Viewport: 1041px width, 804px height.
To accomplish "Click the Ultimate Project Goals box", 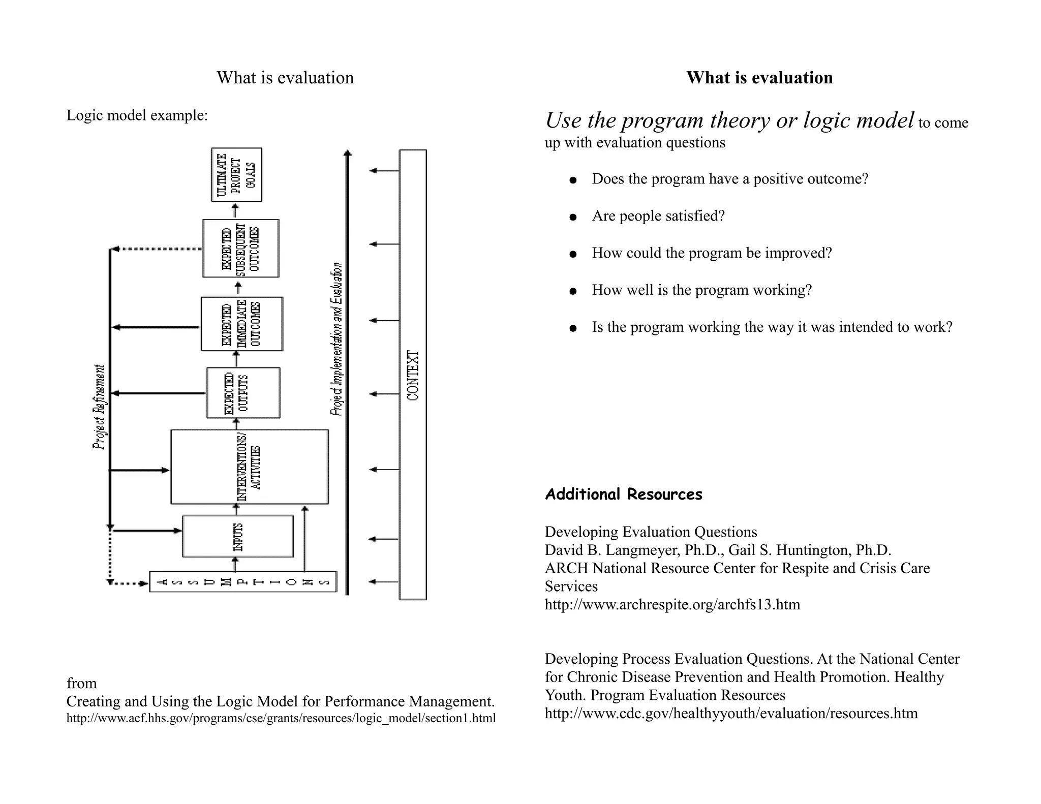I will coord(236,175).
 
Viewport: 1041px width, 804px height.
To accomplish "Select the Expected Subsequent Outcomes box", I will coord(240,249).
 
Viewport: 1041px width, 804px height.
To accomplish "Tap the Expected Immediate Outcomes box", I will coord(241,324).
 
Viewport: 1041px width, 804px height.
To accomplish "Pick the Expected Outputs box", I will coord(243,393).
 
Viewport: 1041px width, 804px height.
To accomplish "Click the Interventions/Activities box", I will coord(249,467).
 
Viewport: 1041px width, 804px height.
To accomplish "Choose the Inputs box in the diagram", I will coord(237,537).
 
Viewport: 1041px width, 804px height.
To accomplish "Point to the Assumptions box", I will coord(243,582).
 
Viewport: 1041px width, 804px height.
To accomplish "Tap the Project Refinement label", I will coord(100,407).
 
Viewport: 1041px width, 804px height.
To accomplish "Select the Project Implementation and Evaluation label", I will coord(336,338).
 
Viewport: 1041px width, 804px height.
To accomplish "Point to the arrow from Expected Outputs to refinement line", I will coord(158,393).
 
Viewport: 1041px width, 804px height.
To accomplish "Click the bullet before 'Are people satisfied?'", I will coord(573,217).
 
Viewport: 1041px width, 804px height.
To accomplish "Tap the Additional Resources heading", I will coord(623,494).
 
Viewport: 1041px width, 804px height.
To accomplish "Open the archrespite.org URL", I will coord(672,604).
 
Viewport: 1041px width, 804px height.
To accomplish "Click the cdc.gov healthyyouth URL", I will coord(731,713).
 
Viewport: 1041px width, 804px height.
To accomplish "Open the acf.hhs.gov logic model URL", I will coord(281,718).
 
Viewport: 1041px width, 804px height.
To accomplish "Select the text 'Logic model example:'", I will coord(137,115).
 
